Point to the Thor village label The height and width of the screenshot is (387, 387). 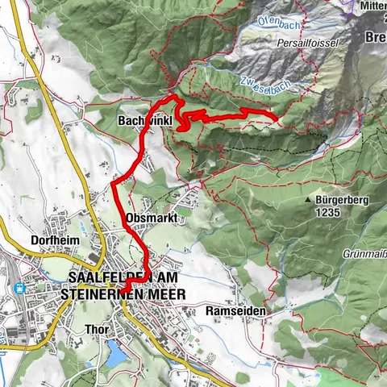[96, 329]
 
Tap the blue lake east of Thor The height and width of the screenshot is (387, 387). [117, 353]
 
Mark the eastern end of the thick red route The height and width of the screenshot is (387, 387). [276, 120]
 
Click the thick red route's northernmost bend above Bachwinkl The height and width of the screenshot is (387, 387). [171, 97]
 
